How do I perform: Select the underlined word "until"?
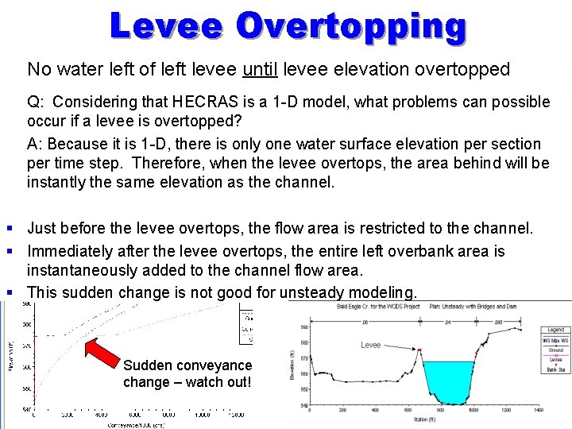[x=260, y=70]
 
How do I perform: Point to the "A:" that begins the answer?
[x=36, y=144]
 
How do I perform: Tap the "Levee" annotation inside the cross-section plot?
[x=371, y=346]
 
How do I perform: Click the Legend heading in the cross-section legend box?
[x=555, y=330]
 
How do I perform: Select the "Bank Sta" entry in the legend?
[x=555, y=370]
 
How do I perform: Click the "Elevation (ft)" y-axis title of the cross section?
[x=292, y=365]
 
